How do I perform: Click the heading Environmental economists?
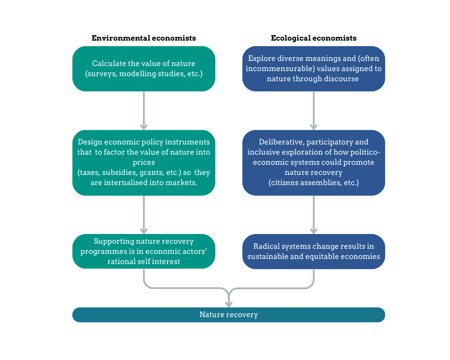143,38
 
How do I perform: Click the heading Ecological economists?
314,38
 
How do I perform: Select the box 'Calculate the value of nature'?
143,68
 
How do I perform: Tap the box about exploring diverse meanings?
314,68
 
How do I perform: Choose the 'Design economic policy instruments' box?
143,162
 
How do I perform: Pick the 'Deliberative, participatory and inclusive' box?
314,162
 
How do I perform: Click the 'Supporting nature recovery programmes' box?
143,251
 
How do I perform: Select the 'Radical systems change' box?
314,251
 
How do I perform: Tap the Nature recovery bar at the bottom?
228,315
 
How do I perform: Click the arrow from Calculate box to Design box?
144,111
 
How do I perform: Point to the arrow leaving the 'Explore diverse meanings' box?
314,111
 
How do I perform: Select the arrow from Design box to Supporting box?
144,215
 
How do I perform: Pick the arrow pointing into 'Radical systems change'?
314,215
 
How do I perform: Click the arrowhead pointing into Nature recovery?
228,302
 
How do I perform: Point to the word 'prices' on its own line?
143,162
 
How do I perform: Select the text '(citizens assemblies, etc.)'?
314,183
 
